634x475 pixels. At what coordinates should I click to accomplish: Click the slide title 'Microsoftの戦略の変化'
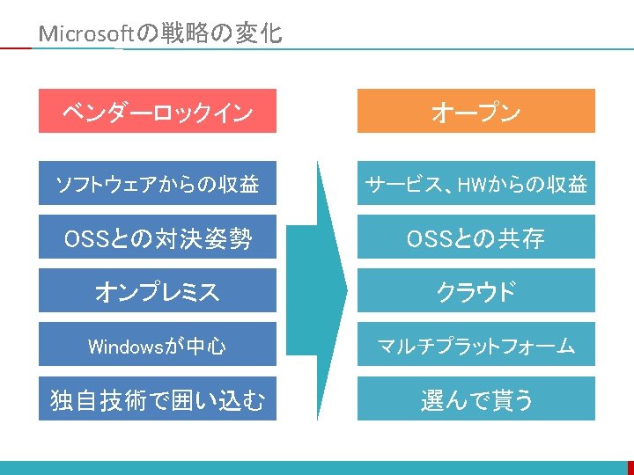[161, 34]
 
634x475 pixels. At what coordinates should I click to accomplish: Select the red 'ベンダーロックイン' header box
[158, 111]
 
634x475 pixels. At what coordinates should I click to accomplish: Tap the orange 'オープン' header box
[475, 111]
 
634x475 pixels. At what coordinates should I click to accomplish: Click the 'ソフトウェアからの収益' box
[158, 183]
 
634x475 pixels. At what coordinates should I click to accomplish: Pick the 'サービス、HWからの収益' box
[475, 183]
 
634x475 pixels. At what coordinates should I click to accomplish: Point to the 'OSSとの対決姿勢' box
[158, 237]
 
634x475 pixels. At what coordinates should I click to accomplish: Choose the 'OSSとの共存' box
[475, 237]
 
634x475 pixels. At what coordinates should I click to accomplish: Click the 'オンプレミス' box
[158, 291]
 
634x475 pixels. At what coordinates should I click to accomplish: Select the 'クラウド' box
[475, 291]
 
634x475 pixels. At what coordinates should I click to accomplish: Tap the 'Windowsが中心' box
[158, 345]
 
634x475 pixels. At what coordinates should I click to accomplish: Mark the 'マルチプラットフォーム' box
[475, 345]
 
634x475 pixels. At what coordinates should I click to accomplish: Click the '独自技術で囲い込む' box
[158, 399]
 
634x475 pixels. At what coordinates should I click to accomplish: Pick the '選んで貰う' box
[475, 399]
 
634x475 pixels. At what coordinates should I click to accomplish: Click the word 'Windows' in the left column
[124, 346]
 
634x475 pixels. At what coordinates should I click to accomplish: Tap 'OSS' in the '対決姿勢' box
[85, 237]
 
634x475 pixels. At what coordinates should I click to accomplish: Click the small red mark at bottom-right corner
[630, 466]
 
